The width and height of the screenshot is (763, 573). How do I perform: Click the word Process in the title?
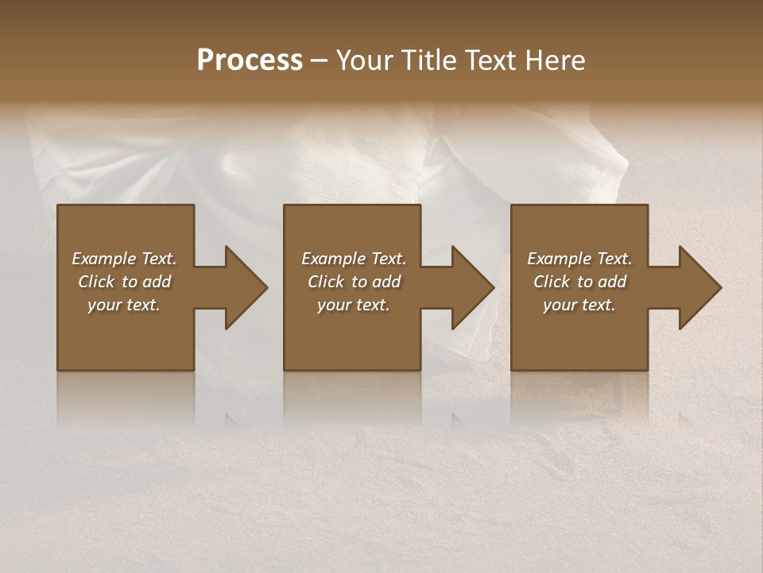[250, 60]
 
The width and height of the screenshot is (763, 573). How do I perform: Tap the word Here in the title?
[556, 60]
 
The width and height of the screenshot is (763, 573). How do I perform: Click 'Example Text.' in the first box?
[124, 259]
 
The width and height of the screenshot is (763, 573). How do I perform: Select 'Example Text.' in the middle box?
[354, 259]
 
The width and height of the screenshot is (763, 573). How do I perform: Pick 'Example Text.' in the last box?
[579, 259]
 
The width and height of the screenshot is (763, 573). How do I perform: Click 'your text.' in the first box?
[124, 305]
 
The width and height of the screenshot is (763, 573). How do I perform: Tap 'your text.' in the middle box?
[354, 305]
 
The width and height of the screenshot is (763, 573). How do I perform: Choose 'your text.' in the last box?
[579, 305]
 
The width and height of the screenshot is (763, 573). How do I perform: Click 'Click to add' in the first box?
[124, 282]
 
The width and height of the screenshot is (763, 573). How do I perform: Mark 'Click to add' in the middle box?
[354, 282]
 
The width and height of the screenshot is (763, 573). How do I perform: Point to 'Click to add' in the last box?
[579, 282]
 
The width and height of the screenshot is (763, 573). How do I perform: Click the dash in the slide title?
[320, 60]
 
